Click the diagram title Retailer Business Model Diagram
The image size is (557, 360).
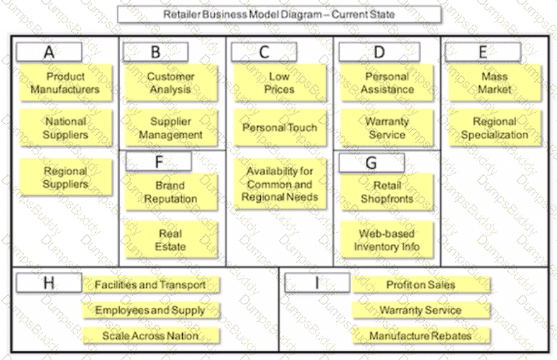(x=280, y=15)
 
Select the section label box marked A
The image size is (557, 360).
(x=49, y=52)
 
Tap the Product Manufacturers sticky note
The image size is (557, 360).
(x=66, y=83)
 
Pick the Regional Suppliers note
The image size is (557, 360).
(x=66, y=177)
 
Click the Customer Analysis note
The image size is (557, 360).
(x=171, y=83)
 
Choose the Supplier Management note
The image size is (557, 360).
(x=171, y=128)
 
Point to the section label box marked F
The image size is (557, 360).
(x=159, y=161)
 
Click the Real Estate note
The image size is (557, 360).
(x=171, y=240)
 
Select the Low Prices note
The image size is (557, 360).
(x=280, y=83)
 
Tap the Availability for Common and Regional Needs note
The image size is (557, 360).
(x=280, y=184)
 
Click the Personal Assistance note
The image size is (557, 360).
(x=387, y=83)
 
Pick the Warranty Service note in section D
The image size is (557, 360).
(x=387, y=128)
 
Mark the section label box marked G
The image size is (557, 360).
(x=371, y=163)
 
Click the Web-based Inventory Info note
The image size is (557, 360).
(x=387, y=240)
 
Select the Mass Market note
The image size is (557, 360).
(x=495, y=83)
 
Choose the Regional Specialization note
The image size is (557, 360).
(x=495, y=128)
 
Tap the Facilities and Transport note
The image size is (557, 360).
(x=151, y=285)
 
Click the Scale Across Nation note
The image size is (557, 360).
(x=151, y=336)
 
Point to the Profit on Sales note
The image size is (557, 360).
(x=421, y=285)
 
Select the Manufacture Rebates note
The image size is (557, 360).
(x=421, y=336)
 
